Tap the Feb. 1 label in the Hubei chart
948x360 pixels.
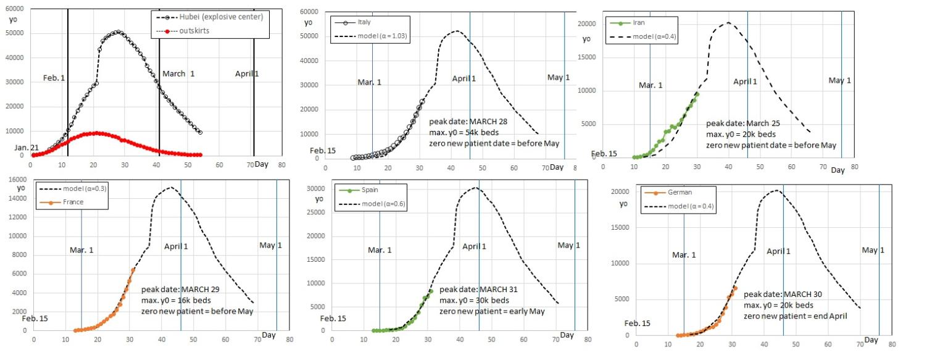(54, 78)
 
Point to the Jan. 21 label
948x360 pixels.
(25, 148)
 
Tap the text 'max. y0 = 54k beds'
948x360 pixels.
(464, 132)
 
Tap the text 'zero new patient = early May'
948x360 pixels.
(492, 311)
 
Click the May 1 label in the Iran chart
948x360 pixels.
(839, 81)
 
